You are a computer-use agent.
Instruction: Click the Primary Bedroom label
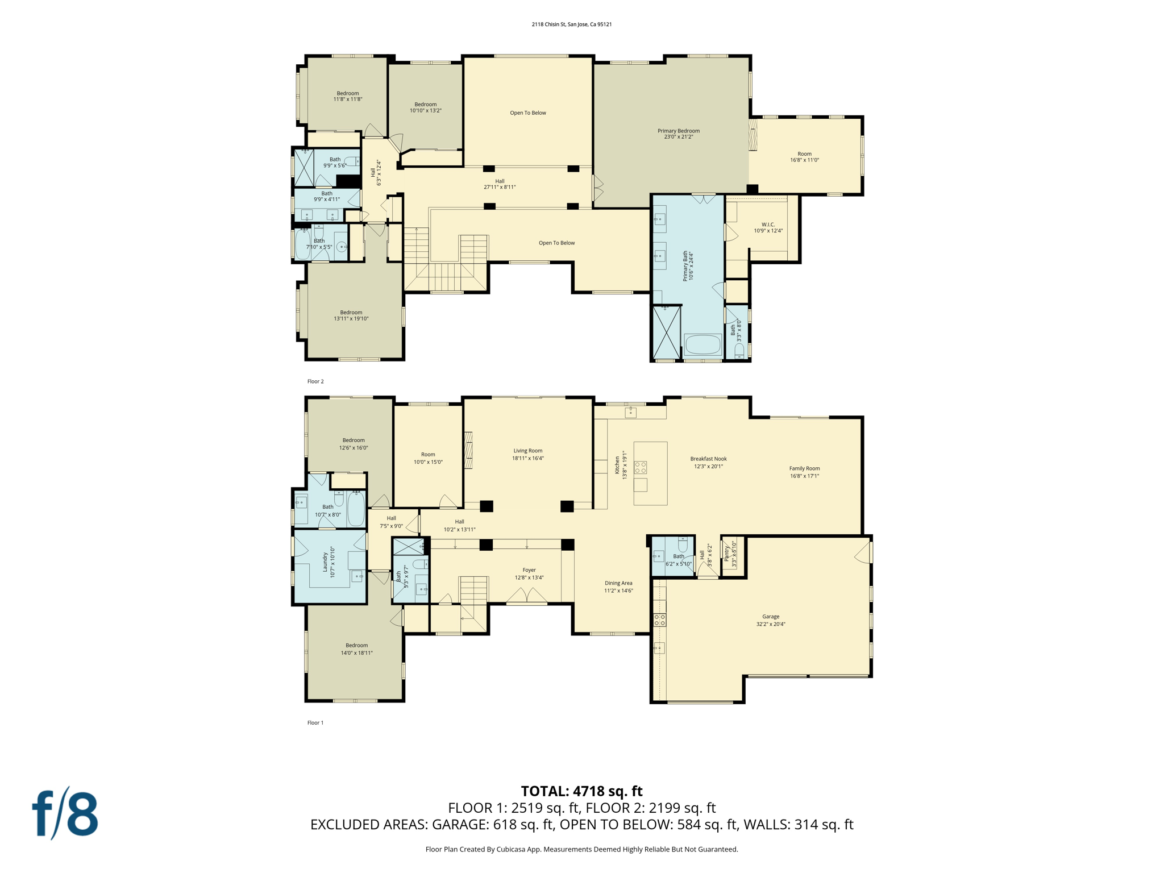click(x=678, y=134)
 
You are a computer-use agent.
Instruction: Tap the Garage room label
click(x=770, y=620)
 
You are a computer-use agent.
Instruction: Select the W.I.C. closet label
click(x=768, y=227)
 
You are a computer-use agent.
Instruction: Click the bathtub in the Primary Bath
click(x=702, y=344)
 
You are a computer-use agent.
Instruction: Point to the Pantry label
click(x=730, y=556)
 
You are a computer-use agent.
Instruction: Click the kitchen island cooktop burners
click(x=641, y=467)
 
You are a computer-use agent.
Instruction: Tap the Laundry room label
click(x=329, y=562)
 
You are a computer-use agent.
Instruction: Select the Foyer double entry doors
click(x=527, y=596)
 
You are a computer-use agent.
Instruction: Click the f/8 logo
click(x=65, y=814)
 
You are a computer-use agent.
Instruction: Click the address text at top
click(x=571, y=24)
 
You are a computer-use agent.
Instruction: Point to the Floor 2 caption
click(x=315, y=381)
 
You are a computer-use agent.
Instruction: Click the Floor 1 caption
click(x=315, y=722)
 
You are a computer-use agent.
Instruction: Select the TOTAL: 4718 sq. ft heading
click(x=581, y=791)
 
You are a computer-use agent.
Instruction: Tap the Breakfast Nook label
click(x=708, y=462)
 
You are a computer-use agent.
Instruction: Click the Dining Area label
click(x=618, y=587)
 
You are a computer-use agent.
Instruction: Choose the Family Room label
click(x=804, y=472)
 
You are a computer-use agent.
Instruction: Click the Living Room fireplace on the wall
click(x=469, y=450)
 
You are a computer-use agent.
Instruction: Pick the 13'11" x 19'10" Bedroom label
click(x=351, y=315)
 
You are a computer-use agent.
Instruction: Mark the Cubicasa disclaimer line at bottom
click(x=581, y=849)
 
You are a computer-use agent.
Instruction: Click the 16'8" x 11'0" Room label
click(x=804, y=157)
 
